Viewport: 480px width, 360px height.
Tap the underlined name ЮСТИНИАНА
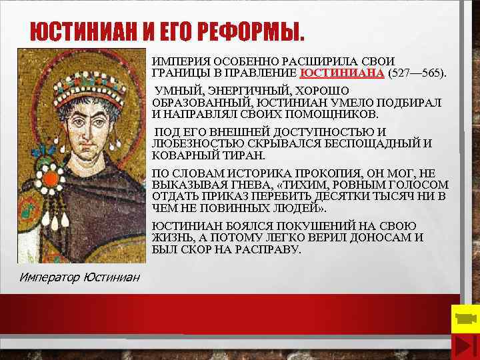click(342, 73)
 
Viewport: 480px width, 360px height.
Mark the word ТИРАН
click(245, 155)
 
